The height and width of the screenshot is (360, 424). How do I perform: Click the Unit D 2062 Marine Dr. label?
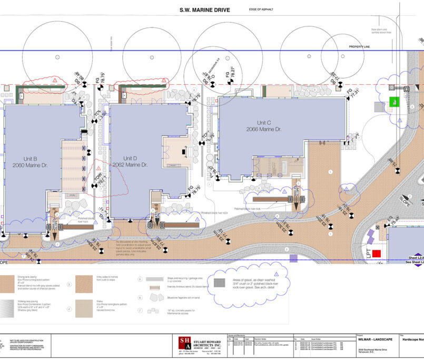tap(130, 161)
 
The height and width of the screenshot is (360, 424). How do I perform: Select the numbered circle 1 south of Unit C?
tap(330, 171)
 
